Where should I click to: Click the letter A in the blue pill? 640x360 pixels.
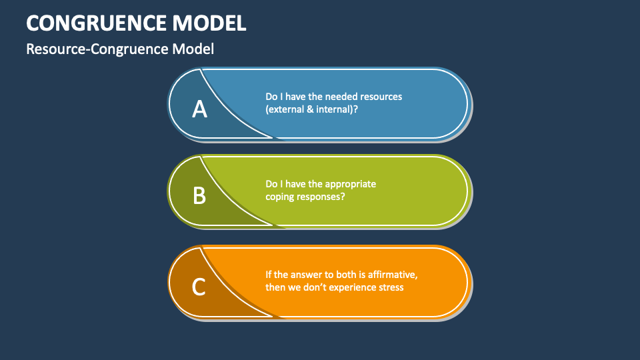199,108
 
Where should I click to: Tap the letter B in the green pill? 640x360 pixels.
199,195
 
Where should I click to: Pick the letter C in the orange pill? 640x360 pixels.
199,287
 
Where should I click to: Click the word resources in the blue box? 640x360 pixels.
381,97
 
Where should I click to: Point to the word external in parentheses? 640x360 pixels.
286,109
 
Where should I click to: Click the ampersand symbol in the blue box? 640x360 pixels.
310,109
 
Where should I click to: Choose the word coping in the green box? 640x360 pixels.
281,197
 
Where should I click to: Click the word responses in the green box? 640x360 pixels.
321,197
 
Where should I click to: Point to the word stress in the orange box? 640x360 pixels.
390,288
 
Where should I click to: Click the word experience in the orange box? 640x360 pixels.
350,288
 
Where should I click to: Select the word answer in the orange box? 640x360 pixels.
305,275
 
